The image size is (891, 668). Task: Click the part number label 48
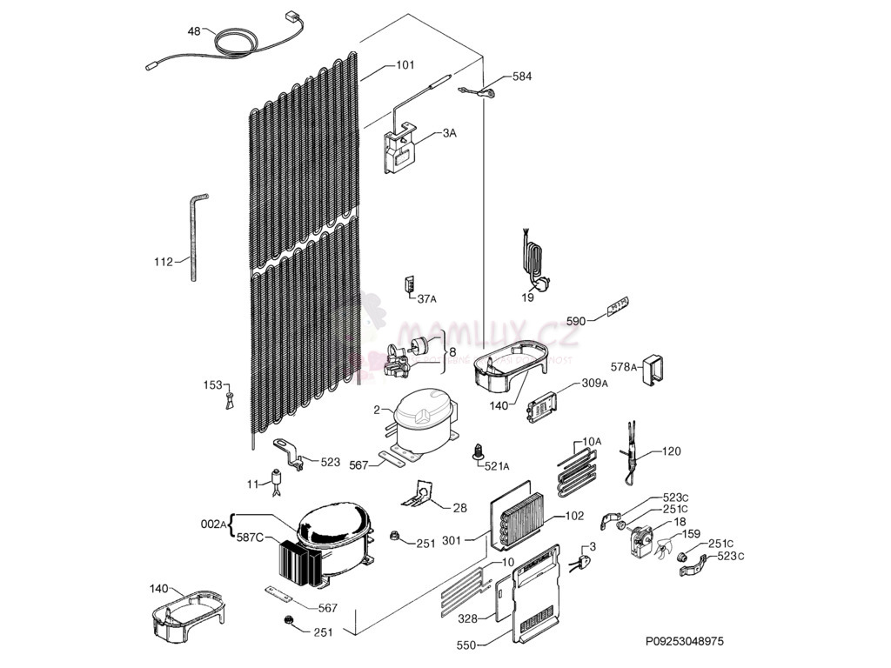point(193,31)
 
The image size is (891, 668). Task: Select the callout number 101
point(405,64)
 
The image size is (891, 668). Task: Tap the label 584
point(521,77)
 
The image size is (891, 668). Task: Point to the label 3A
point(449,133)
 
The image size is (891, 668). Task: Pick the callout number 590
point(575,321)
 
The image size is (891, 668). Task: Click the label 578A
point(623,368)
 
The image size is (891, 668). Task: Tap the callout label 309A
point(594,384)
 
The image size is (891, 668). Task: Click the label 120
point(672,451)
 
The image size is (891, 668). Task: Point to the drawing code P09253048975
point(683,641)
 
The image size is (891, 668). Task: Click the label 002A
point(213,524)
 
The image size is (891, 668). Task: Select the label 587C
point(249,538)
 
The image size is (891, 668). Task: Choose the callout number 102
point(574,516)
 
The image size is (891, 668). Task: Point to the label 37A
point(426,299)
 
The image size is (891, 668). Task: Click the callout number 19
point(528,297)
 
